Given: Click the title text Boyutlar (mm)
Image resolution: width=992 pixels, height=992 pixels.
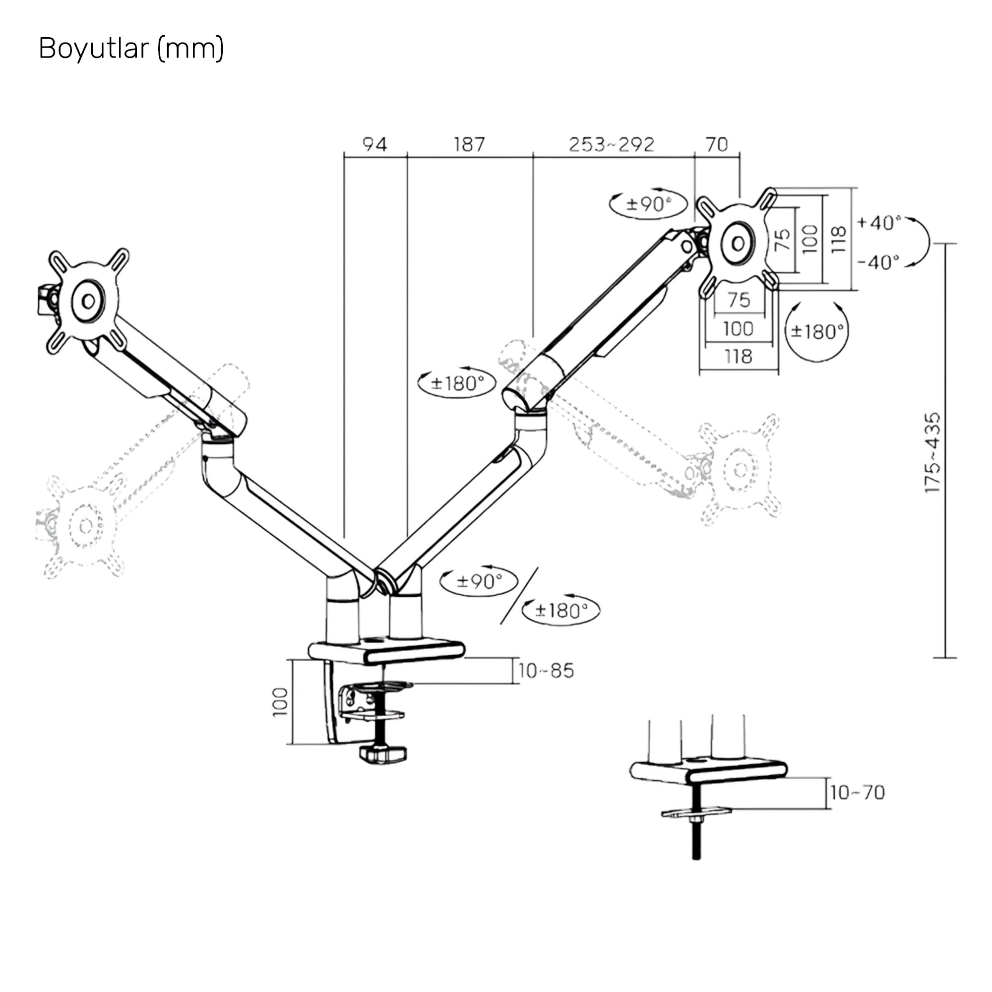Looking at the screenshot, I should [131, 49].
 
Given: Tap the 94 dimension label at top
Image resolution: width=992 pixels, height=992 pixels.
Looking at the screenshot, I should [375, 144].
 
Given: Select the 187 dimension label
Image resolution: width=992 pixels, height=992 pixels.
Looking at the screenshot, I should [469, 144].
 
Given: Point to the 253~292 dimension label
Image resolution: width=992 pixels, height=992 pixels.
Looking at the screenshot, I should [612, 144].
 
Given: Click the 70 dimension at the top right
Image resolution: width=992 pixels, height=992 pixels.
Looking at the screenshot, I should [717, 144].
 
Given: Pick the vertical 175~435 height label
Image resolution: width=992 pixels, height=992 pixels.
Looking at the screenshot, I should [932, 452].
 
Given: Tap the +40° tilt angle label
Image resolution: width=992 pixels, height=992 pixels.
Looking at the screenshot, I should [879, 222].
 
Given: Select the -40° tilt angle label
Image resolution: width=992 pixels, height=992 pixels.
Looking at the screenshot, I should [878, 262].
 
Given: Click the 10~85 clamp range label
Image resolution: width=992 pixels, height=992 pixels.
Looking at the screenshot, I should [546, 671].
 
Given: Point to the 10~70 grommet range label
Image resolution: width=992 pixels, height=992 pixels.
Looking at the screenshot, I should [857, 792].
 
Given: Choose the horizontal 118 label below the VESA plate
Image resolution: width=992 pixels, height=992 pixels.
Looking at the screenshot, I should [738, 356].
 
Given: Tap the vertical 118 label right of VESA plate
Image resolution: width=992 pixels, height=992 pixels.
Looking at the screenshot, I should [838, 239].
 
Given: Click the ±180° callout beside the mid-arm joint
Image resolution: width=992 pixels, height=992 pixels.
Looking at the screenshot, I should [457, 383].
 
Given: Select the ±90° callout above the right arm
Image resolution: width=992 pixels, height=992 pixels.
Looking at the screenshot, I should [648, 204].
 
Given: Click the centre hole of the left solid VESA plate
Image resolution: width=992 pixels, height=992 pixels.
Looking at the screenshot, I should [88, 301].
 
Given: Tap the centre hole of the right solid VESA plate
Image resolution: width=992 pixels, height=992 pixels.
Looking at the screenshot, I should [739, 244].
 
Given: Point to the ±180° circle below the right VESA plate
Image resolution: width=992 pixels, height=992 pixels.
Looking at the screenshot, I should [817, 332].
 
